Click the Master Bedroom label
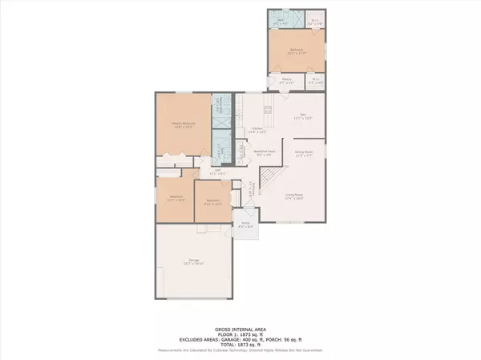(x=184, y=123)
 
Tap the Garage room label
(x=194, y=261)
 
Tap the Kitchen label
(x=258, y=130)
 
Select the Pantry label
(x=285, y=79)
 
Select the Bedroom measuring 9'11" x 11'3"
(x=213, y=200)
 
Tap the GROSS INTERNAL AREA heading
(x=240, y=329)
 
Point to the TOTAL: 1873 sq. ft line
(x=240, y=343)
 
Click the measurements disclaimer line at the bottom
(x=240, y=350)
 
